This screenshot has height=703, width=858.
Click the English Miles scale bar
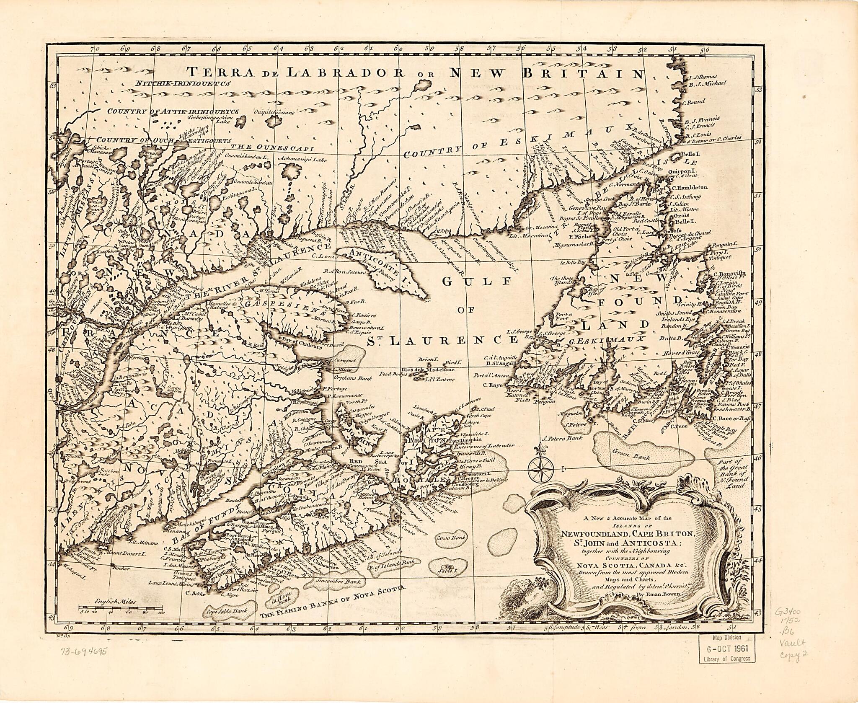tap(121, 607)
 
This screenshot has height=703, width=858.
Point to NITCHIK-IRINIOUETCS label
tap(183, 83)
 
